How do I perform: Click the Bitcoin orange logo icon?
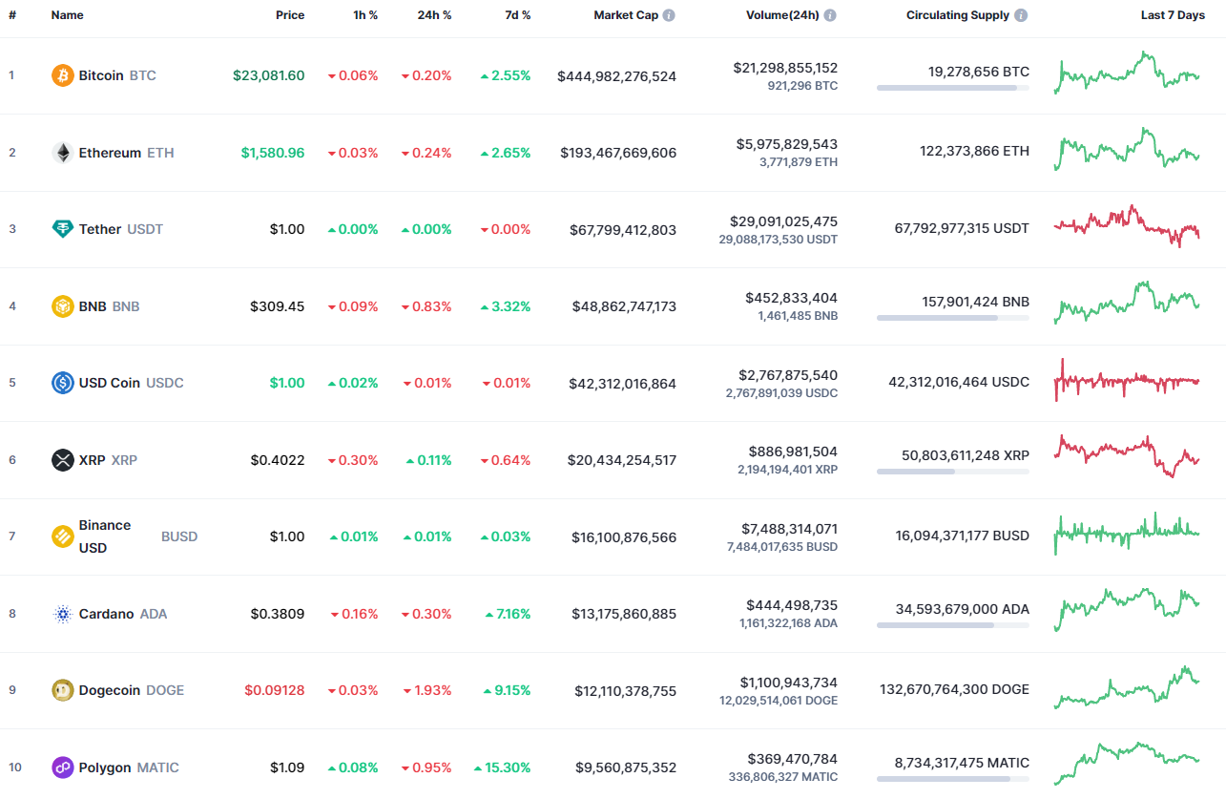pos(62,75)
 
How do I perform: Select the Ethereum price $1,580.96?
pos(273,153)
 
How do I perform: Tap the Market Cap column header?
pos(626,15)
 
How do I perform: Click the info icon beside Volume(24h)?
pos(830,15)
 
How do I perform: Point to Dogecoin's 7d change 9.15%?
pos(506,690)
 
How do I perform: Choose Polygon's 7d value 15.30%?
pos(503,767)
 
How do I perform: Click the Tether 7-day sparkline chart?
pos(1127,226)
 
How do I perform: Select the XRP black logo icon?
pos(62,460)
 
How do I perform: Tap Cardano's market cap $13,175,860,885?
pos(624,614)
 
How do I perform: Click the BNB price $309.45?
pos(278,306)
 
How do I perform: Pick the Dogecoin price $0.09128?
pos(275,690)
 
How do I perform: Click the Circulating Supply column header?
pos(958,15)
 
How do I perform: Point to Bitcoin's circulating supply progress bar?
pos(952,88)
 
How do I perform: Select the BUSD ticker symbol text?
pos(179,536)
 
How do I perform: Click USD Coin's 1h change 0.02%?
pos(353,383)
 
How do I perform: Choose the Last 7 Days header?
pos(1173,15)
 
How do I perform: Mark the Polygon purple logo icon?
pos(62,767)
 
